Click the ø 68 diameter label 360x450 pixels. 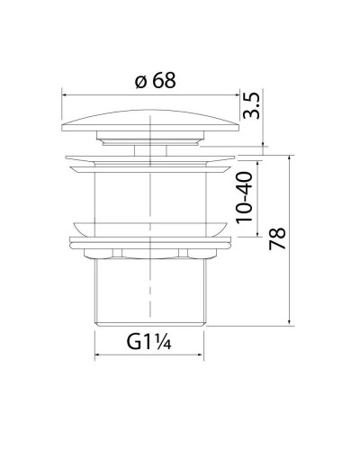click(154, 80)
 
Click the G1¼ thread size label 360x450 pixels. click(148, 344)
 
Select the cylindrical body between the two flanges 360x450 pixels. click(148, 193)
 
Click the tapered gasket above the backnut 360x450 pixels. click(148, 227)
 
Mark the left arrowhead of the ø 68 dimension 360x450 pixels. click(65, 92)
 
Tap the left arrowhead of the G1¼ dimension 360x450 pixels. click(98, 356)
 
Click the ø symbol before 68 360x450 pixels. click(139, 80)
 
